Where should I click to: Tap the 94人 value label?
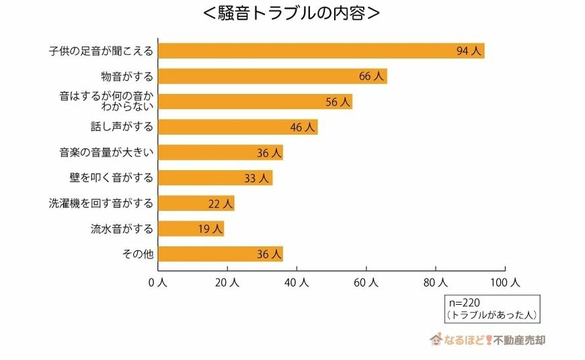coord(469,51)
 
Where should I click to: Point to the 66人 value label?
coord(371,77)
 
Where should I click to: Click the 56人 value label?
coord(338,102)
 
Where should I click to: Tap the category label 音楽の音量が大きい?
coord(107,152)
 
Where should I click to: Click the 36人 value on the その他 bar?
coord(268,254)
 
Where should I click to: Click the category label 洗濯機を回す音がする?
coord(102,203)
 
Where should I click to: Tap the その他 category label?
coord(137,254)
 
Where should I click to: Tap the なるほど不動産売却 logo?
coord(487,339)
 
